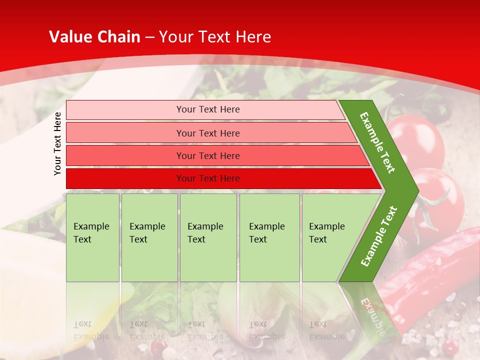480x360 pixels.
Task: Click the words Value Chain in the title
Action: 94,37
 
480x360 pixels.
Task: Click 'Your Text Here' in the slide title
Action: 215,37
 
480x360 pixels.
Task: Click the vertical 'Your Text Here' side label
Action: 57,143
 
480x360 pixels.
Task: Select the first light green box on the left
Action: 92,237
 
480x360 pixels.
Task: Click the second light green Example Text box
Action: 149,237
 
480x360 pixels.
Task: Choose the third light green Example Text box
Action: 208,237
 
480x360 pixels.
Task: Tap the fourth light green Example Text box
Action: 269,237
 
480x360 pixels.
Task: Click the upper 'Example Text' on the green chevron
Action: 377,142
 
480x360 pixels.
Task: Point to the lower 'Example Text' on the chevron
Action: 379,236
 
